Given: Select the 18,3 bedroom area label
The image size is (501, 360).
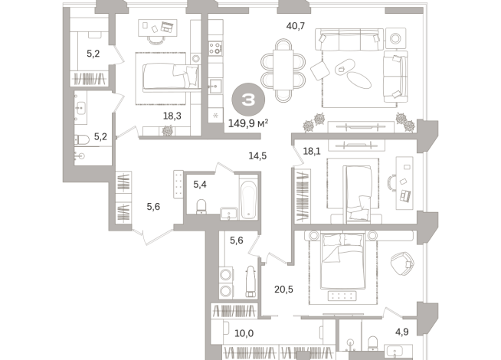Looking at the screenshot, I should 172,116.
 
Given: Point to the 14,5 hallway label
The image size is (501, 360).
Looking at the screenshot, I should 257,156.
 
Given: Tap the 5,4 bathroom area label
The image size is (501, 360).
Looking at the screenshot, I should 200,184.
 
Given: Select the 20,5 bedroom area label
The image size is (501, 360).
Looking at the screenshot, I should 285,289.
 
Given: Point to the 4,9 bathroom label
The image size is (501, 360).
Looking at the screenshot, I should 402,332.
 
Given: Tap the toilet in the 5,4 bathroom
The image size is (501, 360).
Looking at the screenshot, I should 201,208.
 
